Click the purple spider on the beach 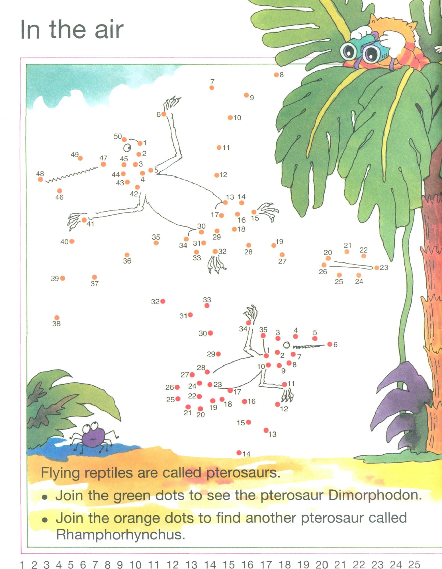pyautogui.click(x=93, y=437)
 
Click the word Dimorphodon pyautogui.click(x=375, y=495)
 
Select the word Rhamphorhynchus pyautogui.click(x=120, y=535)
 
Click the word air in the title pyautogui.click(x=109, y=30)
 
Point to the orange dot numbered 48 pyautogui.click(x=40, y=180)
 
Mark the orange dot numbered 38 pyautogui.click(x=57, y=318)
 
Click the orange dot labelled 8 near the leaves pyautogui.click(x=276, y=75)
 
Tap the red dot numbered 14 pyautogui.click(x=239, y=453)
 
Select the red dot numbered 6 pyautogui.click(x=330, y=344)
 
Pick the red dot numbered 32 pyautogui.click(x=163, y=301)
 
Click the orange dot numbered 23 pyautogui.click(x=377, y=268)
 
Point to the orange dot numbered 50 pyautogui.click(x=124, y=139)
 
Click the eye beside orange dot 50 pyautogui.click(x=127, y=148)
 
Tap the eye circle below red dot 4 pyautogui.click(x=287, y=345)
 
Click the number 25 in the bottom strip pyautogui.click(x=414, y=564)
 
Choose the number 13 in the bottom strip pyautogui.click(x=191, y=564)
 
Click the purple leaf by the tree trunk pyautogui.click(x=402, y=398)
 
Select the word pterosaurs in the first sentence pyautogui.click(x=243, y=473)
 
